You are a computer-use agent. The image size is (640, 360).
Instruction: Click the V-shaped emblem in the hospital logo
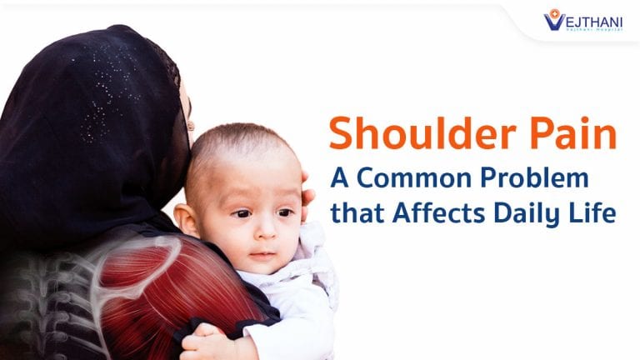pos(553,19)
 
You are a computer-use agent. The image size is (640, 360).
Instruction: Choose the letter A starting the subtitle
pos(340,180)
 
